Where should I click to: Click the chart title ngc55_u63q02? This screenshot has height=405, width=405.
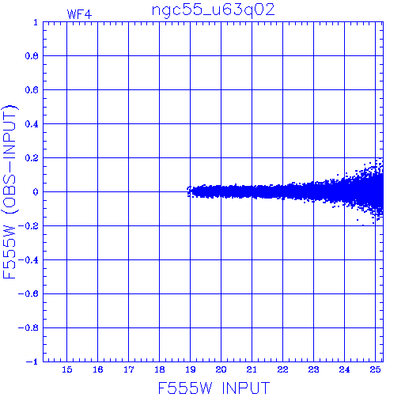[x=214, y=10]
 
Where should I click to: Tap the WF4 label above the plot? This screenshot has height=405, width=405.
[x=79, y=14]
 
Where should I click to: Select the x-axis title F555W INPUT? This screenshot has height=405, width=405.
[x=214, y=388]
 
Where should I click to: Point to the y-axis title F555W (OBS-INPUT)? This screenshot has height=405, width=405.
[x=9, y=191]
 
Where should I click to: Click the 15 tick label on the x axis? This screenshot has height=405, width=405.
[x=67, y=369]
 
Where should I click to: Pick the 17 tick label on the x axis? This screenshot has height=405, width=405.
[x=129, y=369]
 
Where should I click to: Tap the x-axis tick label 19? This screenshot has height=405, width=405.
[x=191, y=369]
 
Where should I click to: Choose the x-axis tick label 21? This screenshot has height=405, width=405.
[x=252, y=369]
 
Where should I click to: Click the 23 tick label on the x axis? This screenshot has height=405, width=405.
[x=313, y=369]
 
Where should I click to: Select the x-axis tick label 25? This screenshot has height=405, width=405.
[x=375, y=369]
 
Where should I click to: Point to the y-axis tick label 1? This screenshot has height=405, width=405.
[x=36, y=22]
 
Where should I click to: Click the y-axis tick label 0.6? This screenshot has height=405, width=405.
[x=32, y=90]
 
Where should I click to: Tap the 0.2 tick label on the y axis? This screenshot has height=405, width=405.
[x=32, y=158]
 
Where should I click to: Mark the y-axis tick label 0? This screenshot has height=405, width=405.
[x=36, y=192]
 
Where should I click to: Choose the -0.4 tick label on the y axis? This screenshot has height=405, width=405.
[x=28, y=260]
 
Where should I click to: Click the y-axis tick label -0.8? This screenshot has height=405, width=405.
[x=28, y=328]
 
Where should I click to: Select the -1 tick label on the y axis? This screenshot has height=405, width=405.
[x=32, y=361]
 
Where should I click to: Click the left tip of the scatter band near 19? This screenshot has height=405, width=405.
[x=187, y=192]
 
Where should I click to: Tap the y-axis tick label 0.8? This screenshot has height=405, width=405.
[x=32, y=56]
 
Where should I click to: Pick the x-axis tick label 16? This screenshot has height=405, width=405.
[x=98, y=369]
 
